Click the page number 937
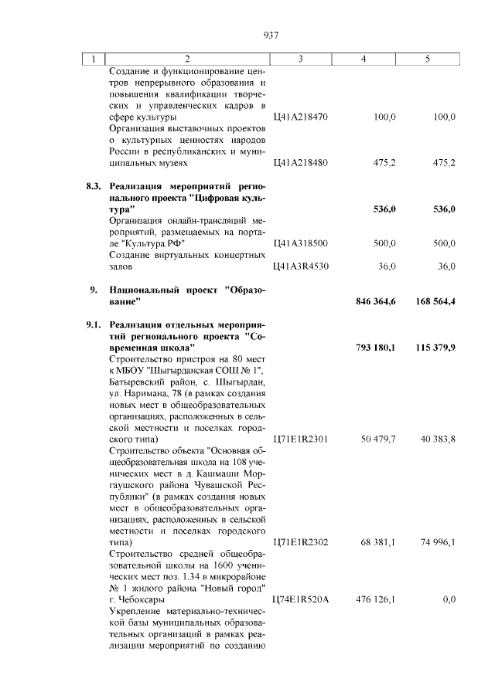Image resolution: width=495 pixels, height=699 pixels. (271, 36)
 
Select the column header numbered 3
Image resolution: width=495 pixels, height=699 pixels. (300, 59)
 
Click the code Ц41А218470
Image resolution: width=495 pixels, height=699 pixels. (300, 117)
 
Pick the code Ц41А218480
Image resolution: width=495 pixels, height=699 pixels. (300, 163)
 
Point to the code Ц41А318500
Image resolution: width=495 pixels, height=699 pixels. (300, 243)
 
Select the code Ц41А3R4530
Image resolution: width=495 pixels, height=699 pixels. (300, 266)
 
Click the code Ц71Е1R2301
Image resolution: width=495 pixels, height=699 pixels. (300, 439)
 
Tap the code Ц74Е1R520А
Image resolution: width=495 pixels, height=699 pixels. (300, 600)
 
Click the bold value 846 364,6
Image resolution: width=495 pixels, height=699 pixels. (376, 301)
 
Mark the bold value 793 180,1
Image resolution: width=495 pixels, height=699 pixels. (376, 348)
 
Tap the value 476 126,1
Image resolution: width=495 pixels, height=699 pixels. (376, 600)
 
